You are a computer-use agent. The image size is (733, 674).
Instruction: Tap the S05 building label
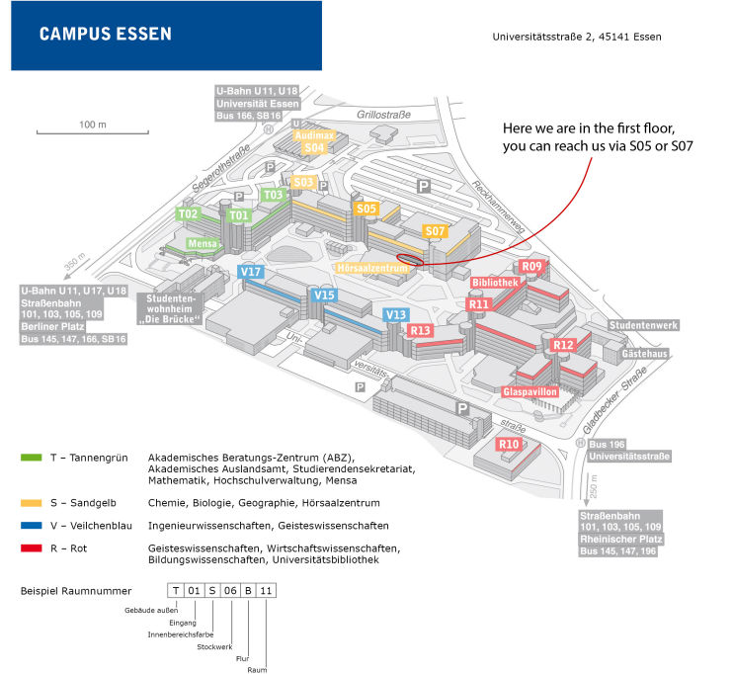pyautogui.click(x=366, y=209)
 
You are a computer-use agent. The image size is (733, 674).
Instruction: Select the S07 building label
pyautogui.click(x=435, y=231)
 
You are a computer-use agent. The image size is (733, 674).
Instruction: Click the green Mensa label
pyautogui.click(x=202, y=243)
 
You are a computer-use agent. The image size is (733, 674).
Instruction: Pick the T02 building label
pyautogui.click(x=188, y=213)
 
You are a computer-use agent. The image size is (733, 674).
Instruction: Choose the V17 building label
pyautogui.click(x=251, y=272)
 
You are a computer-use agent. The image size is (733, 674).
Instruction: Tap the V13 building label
pyautogui.click(x=396, y=314)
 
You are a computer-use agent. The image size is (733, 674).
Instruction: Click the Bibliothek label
pyautogui.click(x=495, y=282)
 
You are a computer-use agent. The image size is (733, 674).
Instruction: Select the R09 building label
pyautogui.click(x=532, y=267)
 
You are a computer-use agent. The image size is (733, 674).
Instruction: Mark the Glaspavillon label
pyautogui.click(x=530, y=391)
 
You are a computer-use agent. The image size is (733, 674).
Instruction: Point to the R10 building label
pyautogui.click(x=509, y=445)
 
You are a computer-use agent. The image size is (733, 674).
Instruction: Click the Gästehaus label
pyautogui.click(x=644, y=353)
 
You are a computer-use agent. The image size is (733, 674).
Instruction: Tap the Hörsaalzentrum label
pyautogui.click(x=372, y=267)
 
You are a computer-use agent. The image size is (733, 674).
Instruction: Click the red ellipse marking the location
pyautogui.click(x=409, y=260)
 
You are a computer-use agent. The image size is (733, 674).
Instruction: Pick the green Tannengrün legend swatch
pyautogui.click(x=30, y=458)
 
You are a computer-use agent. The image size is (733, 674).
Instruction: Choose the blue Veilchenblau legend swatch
pyautogui.click(x=30, y=525)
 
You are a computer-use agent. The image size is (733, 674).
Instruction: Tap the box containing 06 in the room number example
pyautogui.click(x=230, y=592)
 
